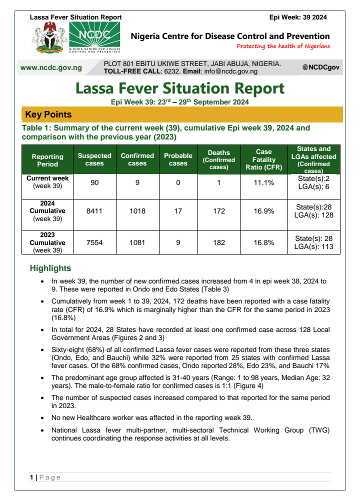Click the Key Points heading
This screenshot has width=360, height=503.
[48, 114]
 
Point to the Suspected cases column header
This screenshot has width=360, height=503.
[94, 159]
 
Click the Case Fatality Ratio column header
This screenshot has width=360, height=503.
[264, 159]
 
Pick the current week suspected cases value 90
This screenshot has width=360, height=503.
[94, 182]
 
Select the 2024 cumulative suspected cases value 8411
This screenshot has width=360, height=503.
[94, 211]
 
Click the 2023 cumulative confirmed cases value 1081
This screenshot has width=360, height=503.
[137, 242]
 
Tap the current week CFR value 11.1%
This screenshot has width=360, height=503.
[264, 182]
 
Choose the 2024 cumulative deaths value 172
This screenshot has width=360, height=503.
[219, 211]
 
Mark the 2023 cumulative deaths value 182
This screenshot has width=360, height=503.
[219, 242]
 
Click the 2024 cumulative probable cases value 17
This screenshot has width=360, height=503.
[178, 211]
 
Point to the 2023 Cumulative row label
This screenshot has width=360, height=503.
[47, 242]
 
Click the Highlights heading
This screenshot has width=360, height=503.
[50, 268]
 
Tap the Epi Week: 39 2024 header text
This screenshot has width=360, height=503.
[298, 17]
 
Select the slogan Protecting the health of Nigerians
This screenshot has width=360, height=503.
[283, 46]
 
